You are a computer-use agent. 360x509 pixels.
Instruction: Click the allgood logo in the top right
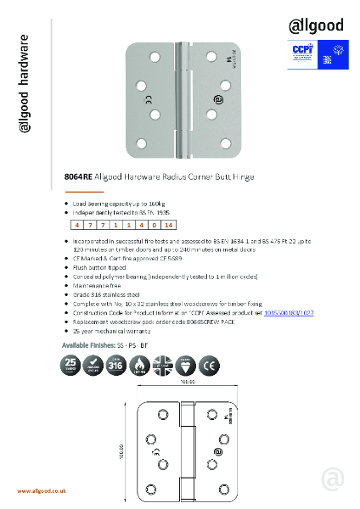pyautogui.click(x=316, y=25)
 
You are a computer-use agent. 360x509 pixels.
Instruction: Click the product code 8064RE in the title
pyautogui.click(x=79, y=178)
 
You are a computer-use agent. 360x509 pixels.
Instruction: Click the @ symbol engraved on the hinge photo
pyautogui.click(x=220, y=100)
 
